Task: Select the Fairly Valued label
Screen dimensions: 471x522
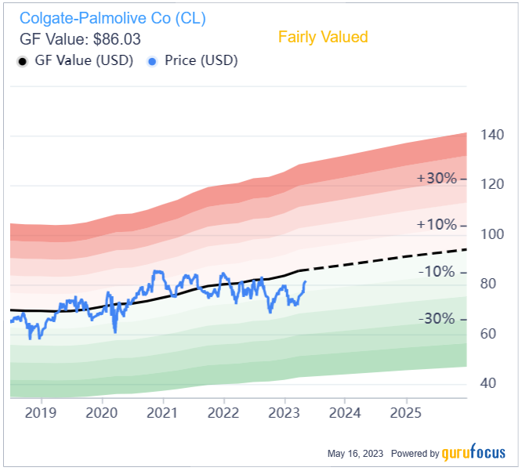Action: click(323, 37)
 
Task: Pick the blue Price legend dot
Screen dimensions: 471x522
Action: click(153, 60)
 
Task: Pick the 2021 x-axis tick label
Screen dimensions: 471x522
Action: click(162, 412)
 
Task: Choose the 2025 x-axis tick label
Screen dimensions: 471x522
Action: click(406, 412)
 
